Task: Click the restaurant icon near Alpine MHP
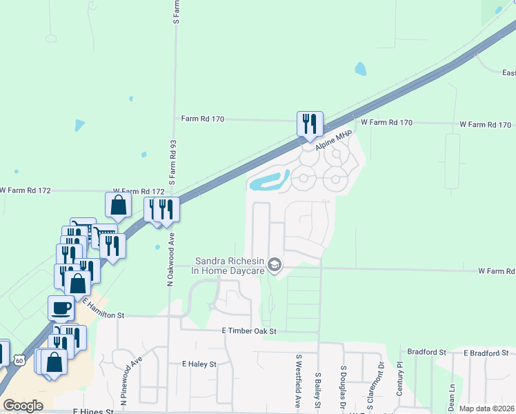tap(308, 124)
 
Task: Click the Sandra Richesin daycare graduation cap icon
tap(275, 265)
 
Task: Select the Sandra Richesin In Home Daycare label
tap(230, 266)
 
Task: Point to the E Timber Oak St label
tap(249, 331)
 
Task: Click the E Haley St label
tap(199, 364)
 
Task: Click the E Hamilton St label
tap(103, 308)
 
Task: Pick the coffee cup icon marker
tap(61, 307)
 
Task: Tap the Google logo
tap(23, 406)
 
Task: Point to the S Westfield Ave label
tap(299, 381)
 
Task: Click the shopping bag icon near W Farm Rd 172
tap(118, 204)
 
